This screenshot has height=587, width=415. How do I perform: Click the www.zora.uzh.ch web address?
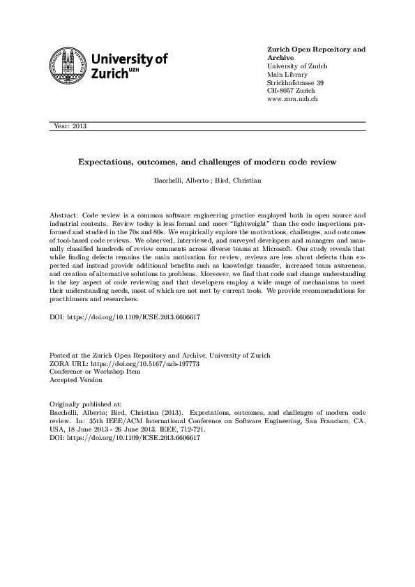click(x=293, y=100)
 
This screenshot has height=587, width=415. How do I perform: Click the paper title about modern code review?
click(x=207, y=162)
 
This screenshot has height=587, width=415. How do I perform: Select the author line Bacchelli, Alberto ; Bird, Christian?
click(x=207, y=182)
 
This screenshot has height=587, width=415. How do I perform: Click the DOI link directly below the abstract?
click(x=125, y=316)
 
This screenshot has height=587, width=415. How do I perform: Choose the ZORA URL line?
click(x=119, y=363)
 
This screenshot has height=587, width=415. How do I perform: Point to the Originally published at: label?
click(x=86, y=404)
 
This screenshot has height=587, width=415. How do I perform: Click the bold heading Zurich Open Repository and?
click(x=316, y=50)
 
